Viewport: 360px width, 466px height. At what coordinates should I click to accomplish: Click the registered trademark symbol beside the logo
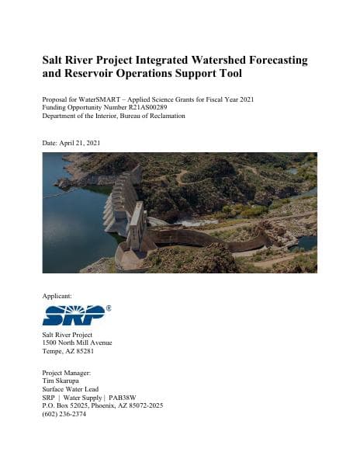click(108, 308)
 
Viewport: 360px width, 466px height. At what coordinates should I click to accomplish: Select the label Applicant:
click(57, 296)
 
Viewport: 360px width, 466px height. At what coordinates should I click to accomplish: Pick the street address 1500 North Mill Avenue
click(78, 342)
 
